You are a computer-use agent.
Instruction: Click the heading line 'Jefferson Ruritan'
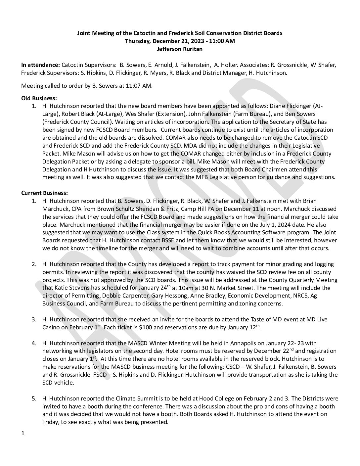[x=180, y=49]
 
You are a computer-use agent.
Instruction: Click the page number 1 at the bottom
[x=23, y=434]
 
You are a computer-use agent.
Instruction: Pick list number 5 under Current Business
[x=34, y=398]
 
